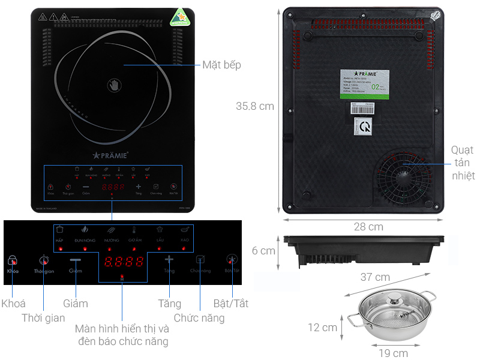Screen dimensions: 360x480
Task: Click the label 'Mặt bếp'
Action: pyautogui.click(x=221, y=65)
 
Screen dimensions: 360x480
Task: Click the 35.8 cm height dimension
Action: pyautogui.click(x=254, y=106)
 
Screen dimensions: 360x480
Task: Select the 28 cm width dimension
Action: pyautogui.click(x=367, y=226)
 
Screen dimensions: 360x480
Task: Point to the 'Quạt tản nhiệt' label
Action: pyautogui.click(x=463, y=163)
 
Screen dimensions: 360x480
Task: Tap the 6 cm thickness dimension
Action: pyautogui.click(x=263, y=251)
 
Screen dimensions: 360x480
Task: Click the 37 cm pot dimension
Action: pyautogui.click(x=374, y=277)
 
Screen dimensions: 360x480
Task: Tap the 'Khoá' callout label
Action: pyautogui.click(x=13, y=304)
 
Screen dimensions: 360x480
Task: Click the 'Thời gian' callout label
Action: pyautogui.click(x=43, y=318)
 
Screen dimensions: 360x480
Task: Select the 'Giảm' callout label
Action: pyautogui.click(x=76, y=304)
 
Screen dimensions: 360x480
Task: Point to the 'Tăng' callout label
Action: pyautogui.click(x=169, y=304)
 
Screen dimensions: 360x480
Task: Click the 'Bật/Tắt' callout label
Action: pyautogui.click(x=230, y=304)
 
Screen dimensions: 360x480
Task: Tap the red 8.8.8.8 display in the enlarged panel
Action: pyautogui.click(x=124, y=262)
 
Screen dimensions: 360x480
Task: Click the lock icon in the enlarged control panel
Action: pyautogui.click(x=13, y=260)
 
